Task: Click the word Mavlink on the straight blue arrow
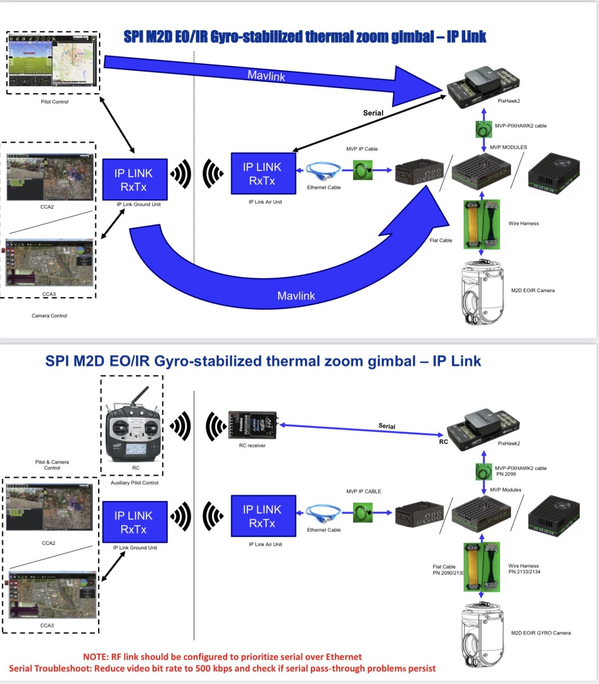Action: (x=266, y=76)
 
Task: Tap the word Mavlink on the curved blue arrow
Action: (x=296, y=296)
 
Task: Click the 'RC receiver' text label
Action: (x=252, y=445)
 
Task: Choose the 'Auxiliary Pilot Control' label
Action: (x=134, y=483)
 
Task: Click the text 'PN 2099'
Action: (x=506, y=474)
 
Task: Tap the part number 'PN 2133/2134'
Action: (x=524, y=572)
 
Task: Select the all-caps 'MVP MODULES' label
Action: (x=508, y=147)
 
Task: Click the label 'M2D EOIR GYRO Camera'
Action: (x=541, y=633)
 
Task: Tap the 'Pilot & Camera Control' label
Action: (x=52, y=465)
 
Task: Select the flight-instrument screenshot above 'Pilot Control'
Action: (x=53, y=62)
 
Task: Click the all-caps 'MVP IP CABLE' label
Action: (x=363, y=492)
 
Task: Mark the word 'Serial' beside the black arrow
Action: (x=373, y=113)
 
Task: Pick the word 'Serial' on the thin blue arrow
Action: (x=387, y=426)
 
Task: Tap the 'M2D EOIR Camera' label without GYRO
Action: (x=533, y=290)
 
